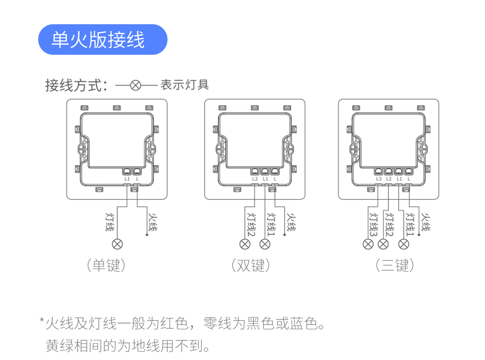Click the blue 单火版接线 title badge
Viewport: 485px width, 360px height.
102,40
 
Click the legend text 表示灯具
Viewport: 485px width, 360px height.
185,84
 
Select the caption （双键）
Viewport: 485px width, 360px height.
251,265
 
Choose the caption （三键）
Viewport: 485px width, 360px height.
395,265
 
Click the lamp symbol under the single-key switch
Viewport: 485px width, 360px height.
118,244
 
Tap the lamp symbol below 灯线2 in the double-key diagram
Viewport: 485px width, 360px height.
245,244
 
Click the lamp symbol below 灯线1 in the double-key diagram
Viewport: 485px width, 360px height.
265,244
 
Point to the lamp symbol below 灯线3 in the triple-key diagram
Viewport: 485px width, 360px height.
368,244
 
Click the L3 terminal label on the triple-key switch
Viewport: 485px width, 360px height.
379,179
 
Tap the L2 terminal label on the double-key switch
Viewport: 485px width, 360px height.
255,179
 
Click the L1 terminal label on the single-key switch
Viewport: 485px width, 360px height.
127,179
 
